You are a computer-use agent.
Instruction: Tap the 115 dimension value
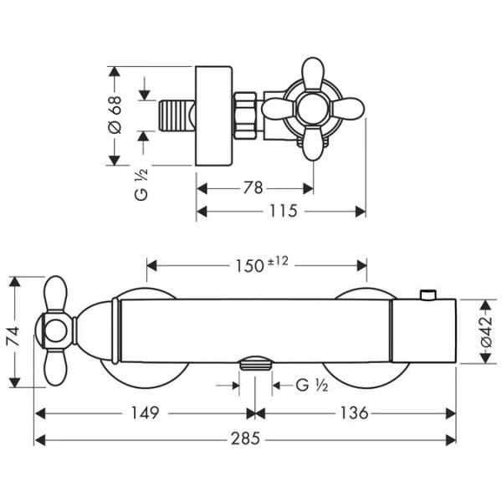tap(282, 212)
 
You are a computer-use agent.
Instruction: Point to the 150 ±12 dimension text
tap(260, 265)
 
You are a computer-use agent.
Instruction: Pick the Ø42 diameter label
tap(488, 332)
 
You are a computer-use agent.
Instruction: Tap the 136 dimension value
tap(354, 413)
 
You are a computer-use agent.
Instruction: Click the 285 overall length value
tap(246, 438)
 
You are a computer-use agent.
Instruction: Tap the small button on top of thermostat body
tap(428, 295)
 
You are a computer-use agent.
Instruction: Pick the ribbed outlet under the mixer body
tap(255, 364)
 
